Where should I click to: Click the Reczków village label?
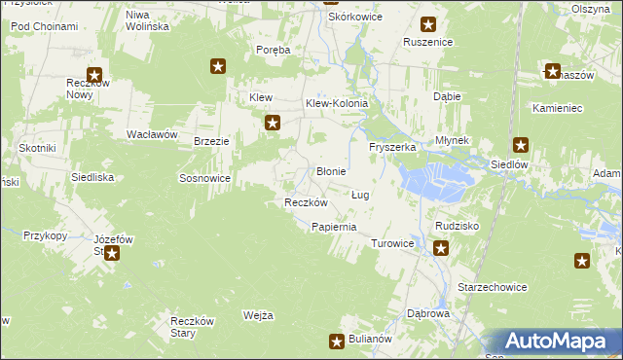[x=305, y=202]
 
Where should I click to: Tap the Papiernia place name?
[x=333, y=227]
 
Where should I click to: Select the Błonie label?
[x=332, y=171]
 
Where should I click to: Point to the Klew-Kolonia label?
[x=337, y=102]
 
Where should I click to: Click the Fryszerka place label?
[x=392, y=147]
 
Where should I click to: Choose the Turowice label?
[x=393, y=243]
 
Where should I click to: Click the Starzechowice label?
[x=492, y=287]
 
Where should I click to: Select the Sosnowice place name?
[x=204, y=179]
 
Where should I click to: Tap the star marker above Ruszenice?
[x=427, y=24]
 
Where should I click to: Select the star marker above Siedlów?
[x=521, y=146]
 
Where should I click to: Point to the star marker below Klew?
[x=274, y=123]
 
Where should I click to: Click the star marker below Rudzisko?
[x=441, y=248]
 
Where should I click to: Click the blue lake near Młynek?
[x=433, y=178]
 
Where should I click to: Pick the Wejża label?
[x=258, y=315]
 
